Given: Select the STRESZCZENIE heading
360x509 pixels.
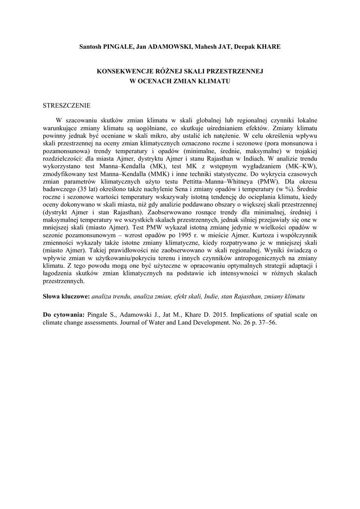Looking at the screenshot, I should point(66,105).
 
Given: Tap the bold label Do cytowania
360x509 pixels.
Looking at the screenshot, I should point(64,315).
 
